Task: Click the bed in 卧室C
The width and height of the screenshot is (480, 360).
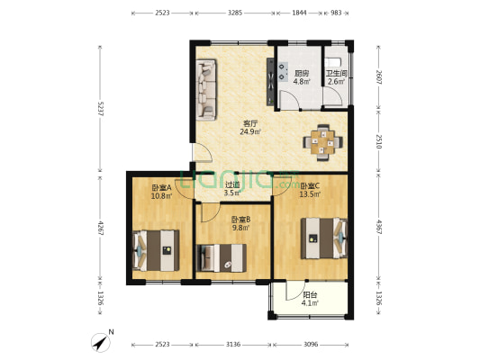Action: point(324,239)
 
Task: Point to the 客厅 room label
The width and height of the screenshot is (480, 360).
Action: point(250,123)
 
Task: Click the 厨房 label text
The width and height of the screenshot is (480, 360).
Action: point(302,74)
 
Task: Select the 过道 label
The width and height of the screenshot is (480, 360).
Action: point(232,184)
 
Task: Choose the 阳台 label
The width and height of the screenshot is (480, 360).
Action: point(309,293)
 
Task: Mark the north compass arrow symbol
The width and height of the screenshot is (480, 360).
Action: point(99,342)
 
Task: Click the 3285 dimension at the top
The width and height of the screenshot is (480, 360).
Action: point(235,13)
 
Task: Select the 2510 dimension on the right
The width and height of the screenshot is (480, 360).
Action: point(379,139)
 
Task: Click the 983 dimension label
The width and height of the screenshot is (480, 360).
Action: point(336,13)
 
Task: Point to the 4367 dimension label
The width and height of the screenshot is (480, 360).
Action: point(379,229)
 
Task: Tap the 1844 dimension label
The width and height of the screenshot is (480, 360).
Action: point(299,13)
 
